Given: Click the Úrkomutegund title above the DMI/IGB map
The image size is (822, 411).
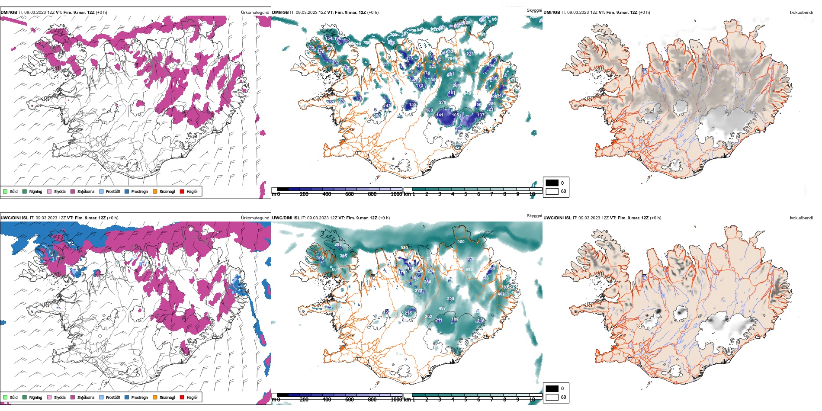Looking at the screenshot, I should pos(255,13).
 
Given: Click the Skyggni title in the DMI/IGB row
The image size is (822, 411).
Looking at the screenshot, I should pos(534,10).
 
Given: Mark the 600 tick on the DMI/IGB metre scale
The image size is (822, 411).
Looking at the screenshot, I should pos(350,194).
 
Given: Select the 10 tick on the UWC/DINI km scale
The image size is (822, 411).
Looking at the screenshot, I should pos(532,400).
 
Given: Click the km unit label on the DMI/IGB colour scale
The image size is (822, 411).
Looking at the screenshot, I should pos(407,194).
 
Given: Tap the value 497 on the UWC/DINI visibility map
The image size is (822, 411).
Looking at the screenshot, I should pos(442,308).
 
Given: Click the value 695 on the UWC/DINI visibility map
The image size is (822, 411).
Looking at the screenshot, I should pos(469,270).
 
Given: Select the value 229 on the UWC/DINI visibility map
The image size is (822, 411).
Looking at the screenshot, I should pos(450,299).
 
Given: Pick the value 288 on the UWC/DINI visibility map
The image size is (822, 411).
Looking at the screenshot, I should pos(338,244).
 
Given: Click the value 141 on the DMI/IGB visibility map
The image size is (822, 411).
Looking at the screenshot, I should pos(440,115).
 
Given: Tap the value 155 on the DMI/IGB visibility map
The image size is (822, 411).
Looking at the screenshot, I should pos(413,105).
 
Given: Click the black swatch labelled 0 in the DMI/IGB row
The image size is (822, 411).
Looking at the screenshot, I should pos(552,183).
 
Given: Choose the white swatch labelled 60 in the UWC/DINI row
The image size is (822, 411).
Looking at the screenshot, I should pos(552,397).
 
